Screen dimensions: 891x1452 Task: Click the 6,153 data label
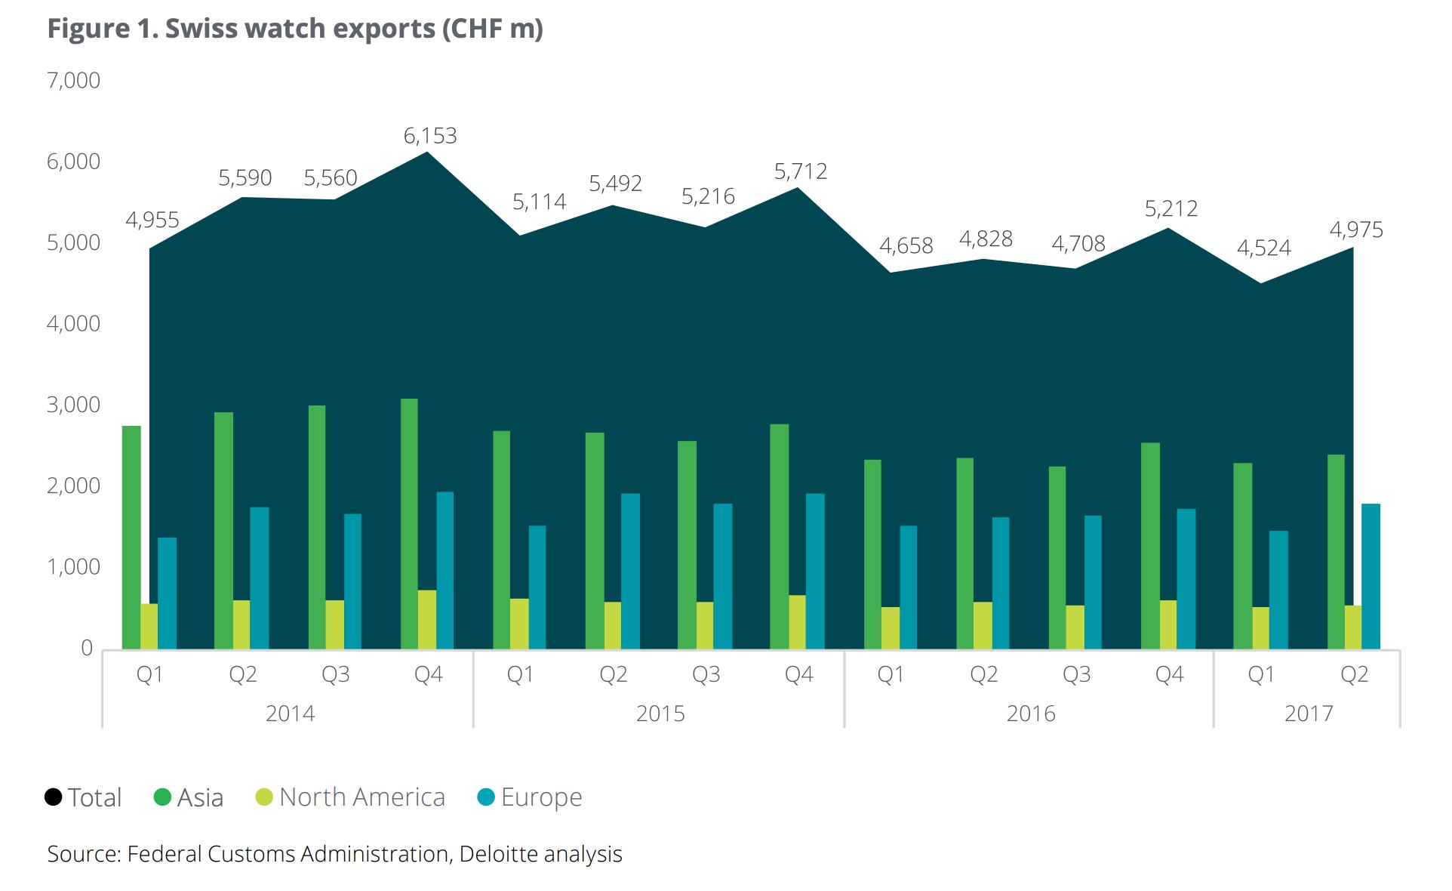[x=430, y=136]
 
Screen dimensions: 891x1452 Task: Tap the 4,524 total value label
[x=1264, y=248]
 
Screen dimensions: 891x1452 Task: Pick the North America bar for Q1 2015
[x=519, y=624]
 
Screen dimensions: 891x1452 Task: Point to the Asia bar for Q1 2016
[x=872, y=554]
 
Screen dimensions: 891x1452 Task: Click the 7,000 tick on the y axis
[x=73, y=81]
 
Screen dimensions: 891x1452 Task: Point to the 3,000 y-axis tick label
[x=73, y=405]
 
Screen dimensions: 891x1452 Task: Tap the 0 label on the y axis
[x=87, y=648]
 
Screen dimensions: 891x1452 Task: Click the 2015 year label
[x=660, y=714]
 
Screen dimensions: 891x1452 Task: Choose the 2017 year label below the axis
[x=1309, y=714]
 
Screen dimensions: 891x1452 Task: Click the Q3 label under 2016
[x=1076, y=674]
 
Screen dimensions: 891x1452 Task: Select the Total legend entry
[x=83, y=797]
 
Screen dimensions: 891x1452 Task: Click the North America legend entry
[x=351, y=797]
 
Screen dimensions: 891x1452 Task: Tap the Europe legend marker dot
[x=487, y=797]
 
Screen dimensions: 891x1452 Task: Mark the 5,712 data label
[x=801, y=171]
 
